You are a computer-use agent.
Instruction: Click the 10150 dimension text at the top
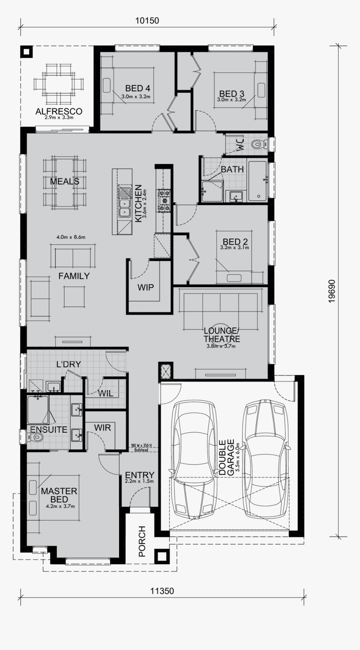[147, 20]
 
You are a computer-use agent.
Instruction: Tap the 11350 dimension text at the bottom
[162, 591]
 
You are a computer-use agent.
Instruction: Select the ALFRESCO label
[59, 111]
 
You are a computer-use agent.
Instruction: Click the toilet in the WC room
[257, 144]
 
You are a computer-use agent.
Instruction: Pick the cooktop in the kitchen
[163, 200]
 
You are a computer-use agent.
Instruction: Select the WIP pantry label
[145, 288]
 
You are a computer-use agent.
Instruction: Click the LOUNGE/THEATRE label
[222, 335]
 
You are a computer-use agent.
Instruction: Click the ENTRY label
[139, 475]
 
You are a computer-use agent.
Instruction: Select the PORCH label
[142, 541]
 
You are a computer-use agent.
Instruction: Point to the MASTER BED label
[59, 495]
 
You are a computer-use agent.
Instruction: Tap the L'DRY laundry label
[68, 365]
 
